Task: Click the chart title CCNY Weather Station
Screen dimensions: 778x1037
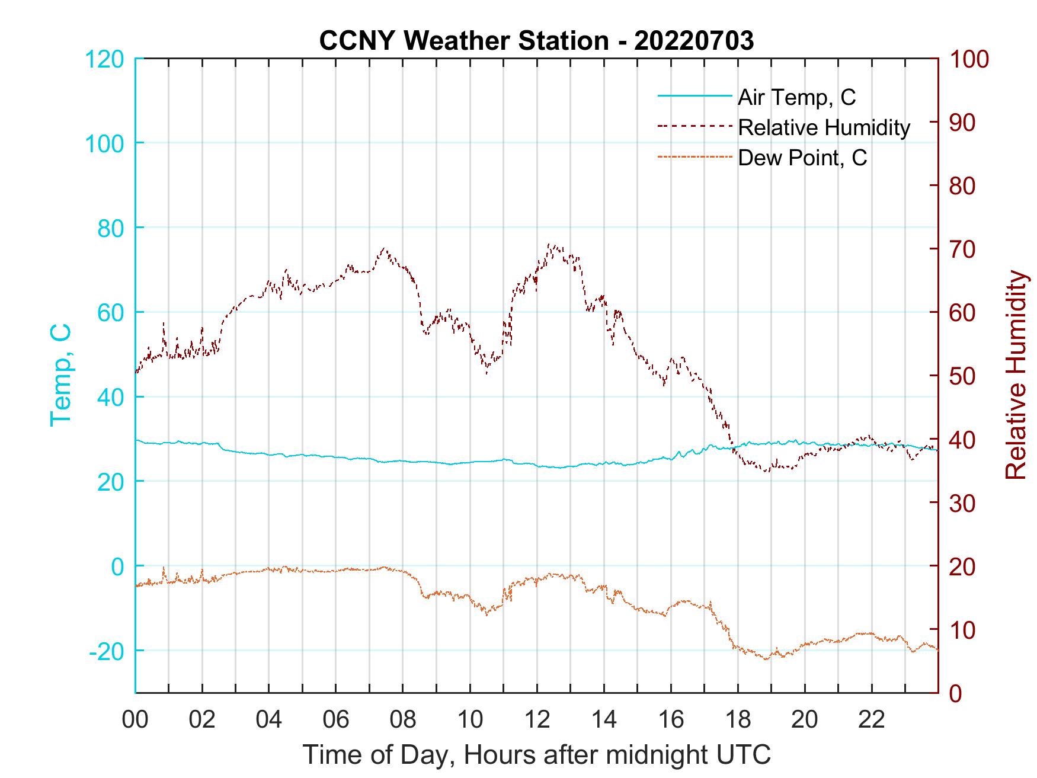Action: [536, 40]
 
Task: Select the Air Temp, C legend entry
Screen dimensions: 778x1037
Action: [796, 97]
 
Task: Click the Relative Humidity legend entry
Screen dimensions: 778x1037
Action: [824, 127]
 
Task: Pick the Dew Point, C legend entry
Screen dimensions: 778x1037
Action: [802, 158]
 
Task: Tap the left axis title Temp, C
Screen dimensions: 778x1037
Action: [60, 374]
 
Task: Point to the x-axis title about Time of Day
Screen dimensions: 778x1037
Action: [536, 755]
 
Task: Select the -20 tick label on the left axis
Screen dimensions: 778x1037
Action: [106, 651]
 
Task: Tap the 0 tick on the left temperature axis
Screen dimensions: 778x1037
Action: [118, 566]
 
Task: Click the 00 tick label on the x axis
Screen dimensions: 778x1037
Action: [135, 720]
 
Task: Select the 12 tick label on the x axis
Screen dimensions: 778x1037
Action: [537, 720]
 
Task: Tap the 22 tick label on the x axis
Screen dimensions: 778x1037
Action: [872, 720]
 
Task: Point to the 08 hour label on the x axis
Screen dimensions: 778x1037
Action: [403, 720]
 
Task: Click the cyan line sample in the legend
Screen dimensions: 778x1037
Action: [694, 97]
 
